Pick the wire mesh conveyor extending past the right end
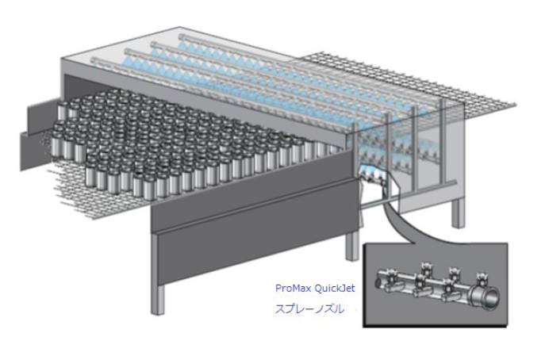(x=476, y=87)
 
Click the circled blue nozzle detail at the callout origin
(x=367, y=171)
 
